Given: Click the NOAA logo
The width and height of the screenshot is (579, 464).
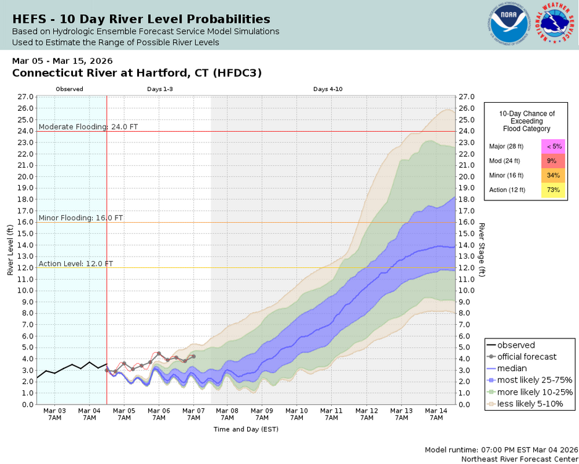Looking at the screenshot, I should pyautogui.click(x=509, y=25).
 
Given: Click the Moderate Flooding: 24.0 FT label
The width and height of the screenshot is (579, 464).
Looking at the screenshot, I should pyautogui.click(x=88, y=127).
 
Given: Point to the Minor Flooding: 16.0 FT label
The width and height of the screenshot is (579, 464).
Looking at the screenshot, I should pyautogui.click(x=81, y=218).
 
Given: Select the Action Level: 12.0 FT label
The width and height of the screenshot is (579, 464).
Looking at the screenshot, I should pyautogui.click(x=76, y=264).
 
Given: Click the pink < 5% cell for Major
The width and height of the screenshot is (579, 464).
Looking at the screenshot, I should pyautogui.click(x=553, y=147).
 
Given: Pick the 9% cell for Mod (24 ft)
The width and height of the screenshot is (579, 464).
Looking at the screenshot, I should pyautogui.click(x=553, y=161).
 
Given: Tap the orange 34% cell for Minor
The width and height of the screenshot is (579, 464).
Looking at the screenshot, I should pyautogui.click(x=553, y=175).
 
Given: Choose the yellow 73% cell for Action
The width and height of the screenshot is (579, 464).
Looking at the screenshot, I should pyautogui.click(x=553, y=190).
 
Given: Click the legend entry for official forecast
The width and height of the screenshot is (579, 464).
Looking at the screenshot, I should pyautogui.click(x=526, y=356).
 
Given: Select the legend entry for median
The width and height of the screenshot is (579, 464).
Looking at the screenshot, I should pyautogui.click(x=512, y=368).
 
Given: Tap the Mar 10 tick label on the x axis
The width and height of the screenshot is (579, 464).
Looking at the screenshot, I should pyautogui.click(x=297, y=415).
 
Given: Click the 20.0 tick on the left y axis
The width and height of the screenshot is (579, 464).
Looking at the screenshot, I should pyautogui.click(x=25, y=176).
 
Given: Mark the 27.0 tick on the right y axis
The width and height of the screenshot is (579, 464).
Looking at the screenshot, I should pyautogui.click(x=467, y=97).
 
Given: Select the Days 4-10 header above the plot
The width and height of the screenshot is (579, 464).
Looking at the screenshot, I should pyautogui.click(x=328, y=89).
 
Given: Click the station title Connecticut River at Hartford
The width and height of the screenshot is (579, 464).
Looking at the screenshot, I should pyautogui.click(x=137, y=73).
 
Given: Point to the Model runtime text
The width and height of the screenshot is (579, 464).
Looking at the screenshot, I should pyautogui.click(x=499, y=450).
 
